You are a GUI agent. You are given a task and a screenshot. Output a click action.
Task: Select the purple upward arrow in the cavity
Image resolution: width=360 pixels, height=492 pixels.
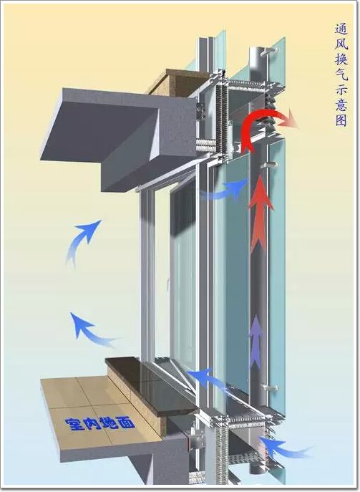[256, 342]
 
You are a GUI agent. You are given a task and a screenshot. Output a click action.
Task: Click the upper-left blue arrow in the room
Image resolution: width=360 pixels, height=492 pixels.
[82, 241]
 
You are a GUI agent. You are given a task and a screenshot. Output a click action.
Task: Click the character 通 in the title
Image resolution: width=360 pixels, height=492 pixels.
[341, 30]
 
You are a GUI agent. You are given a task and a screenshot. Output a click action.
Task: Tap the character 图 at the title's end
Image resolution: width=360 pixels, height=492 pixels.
[341, 120]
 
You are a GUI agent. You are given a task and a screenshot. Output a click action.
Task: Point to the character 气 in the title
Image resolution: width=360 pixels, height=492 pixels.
[341, 74]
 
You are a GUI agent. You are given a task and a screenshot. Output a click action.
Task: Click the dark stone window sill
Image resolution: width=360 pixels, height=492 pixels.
[150, 386]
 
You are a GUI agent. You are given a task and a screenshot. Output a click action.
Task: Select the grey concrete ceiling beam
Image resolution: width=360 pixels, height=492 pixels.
[119, 138]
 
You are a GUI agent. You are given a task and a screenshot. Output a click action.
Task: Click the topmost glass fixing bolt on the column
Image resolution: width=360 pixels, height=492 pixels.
[268, 51]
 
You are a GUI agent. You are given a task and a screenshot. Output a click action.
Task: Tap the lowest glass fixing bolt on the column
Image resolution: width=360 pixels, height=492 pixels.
[270, 388]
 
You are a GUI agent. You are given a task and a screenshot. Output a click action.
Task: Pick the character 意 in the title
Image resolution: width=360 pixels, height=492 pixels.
[341, 105]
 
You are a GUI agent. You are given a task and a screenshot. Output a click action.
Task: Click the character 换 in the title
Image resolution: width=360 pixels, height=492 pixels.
[341, 59]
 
